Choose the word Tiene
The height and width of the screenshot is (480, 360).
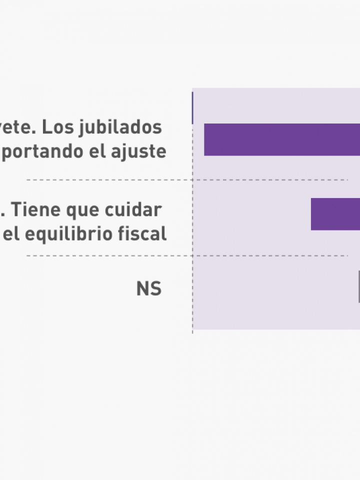[x=37, y=210]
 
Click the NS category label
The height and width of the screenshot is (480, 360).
[x=148, y=289]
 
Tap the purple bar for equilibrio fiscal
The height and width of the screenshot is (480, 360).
[x=335, y=214]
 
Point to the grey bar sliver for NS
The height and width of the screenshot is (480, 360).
[x=359, y=286]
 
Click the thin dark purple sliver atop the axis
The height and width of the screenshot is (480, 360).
[x=192, y=107]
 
